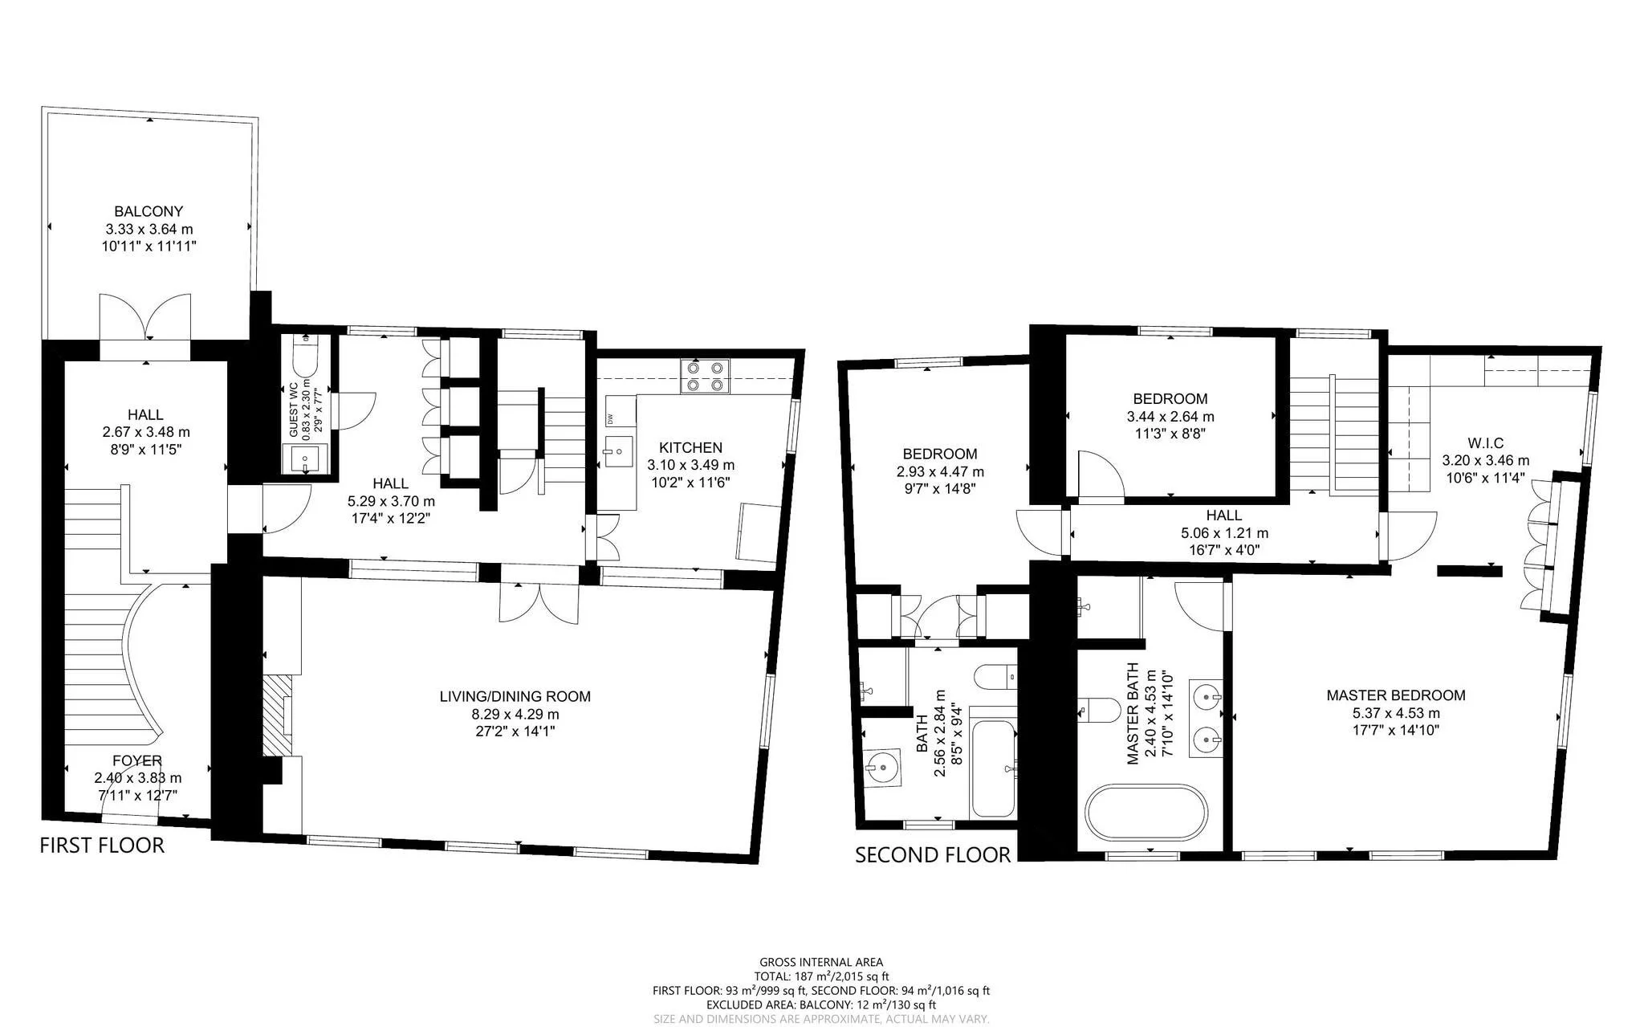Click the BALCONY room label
(149, 211)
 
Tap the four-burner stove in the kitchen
(706, 375)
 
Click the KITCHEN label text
(690, 447)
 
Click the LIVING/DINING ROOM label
(515, 696)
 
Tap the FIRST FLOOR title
(102, 845)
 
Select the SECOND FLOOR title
(933, 854)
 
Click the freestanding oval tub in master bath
(1146, 813)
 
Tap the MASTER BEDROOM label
(1396, 695)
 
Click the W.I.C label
(1485, 442)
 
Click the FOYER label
(137, 760)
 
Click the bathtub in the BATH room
(994, 768)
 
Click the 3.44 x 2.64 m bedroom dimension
(1170, 417)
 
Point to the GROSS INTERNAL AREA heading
(821, 962)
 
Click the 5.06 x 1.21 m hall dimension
(1224, 533)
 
